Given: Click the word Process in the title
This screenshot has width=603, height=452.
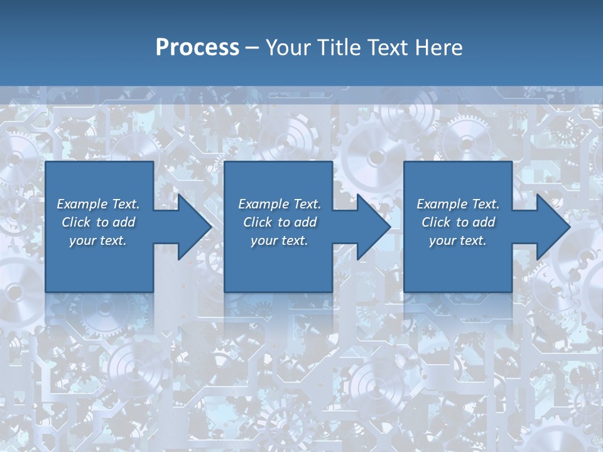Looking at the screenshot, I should point(197,48).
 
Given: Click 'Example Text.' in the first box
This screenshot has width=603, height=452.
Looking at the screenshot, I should point(98,204).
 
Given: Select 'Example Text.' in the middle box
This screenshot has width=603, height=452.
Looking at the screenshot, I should point(280,204).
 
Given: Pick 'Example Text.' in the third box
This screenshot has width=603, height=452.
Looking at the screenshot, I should point(458,204).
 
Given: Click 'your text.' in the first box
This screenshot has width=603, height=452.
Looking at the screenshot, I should point(98,240).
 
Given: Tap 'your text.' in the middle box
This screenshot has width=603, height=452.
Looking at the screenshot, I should point(280,240).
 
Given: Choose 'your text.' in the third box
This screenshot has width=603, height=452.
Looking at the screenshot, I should point(458,240).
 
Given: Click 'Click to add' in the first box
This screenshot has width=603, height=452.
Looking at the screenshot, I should point(98,222).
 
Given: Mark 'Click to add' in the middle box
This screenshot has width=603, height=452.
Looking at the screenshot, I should point(280,222).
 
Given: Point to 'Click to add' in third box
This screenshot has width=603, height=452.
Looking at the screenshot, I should point(458,222).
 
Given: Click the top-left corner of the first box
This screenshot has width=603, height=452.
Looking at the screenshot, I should point(46,163).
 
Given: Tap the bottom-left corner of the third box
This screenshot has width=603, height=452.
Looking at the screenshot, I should point(405,291).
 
